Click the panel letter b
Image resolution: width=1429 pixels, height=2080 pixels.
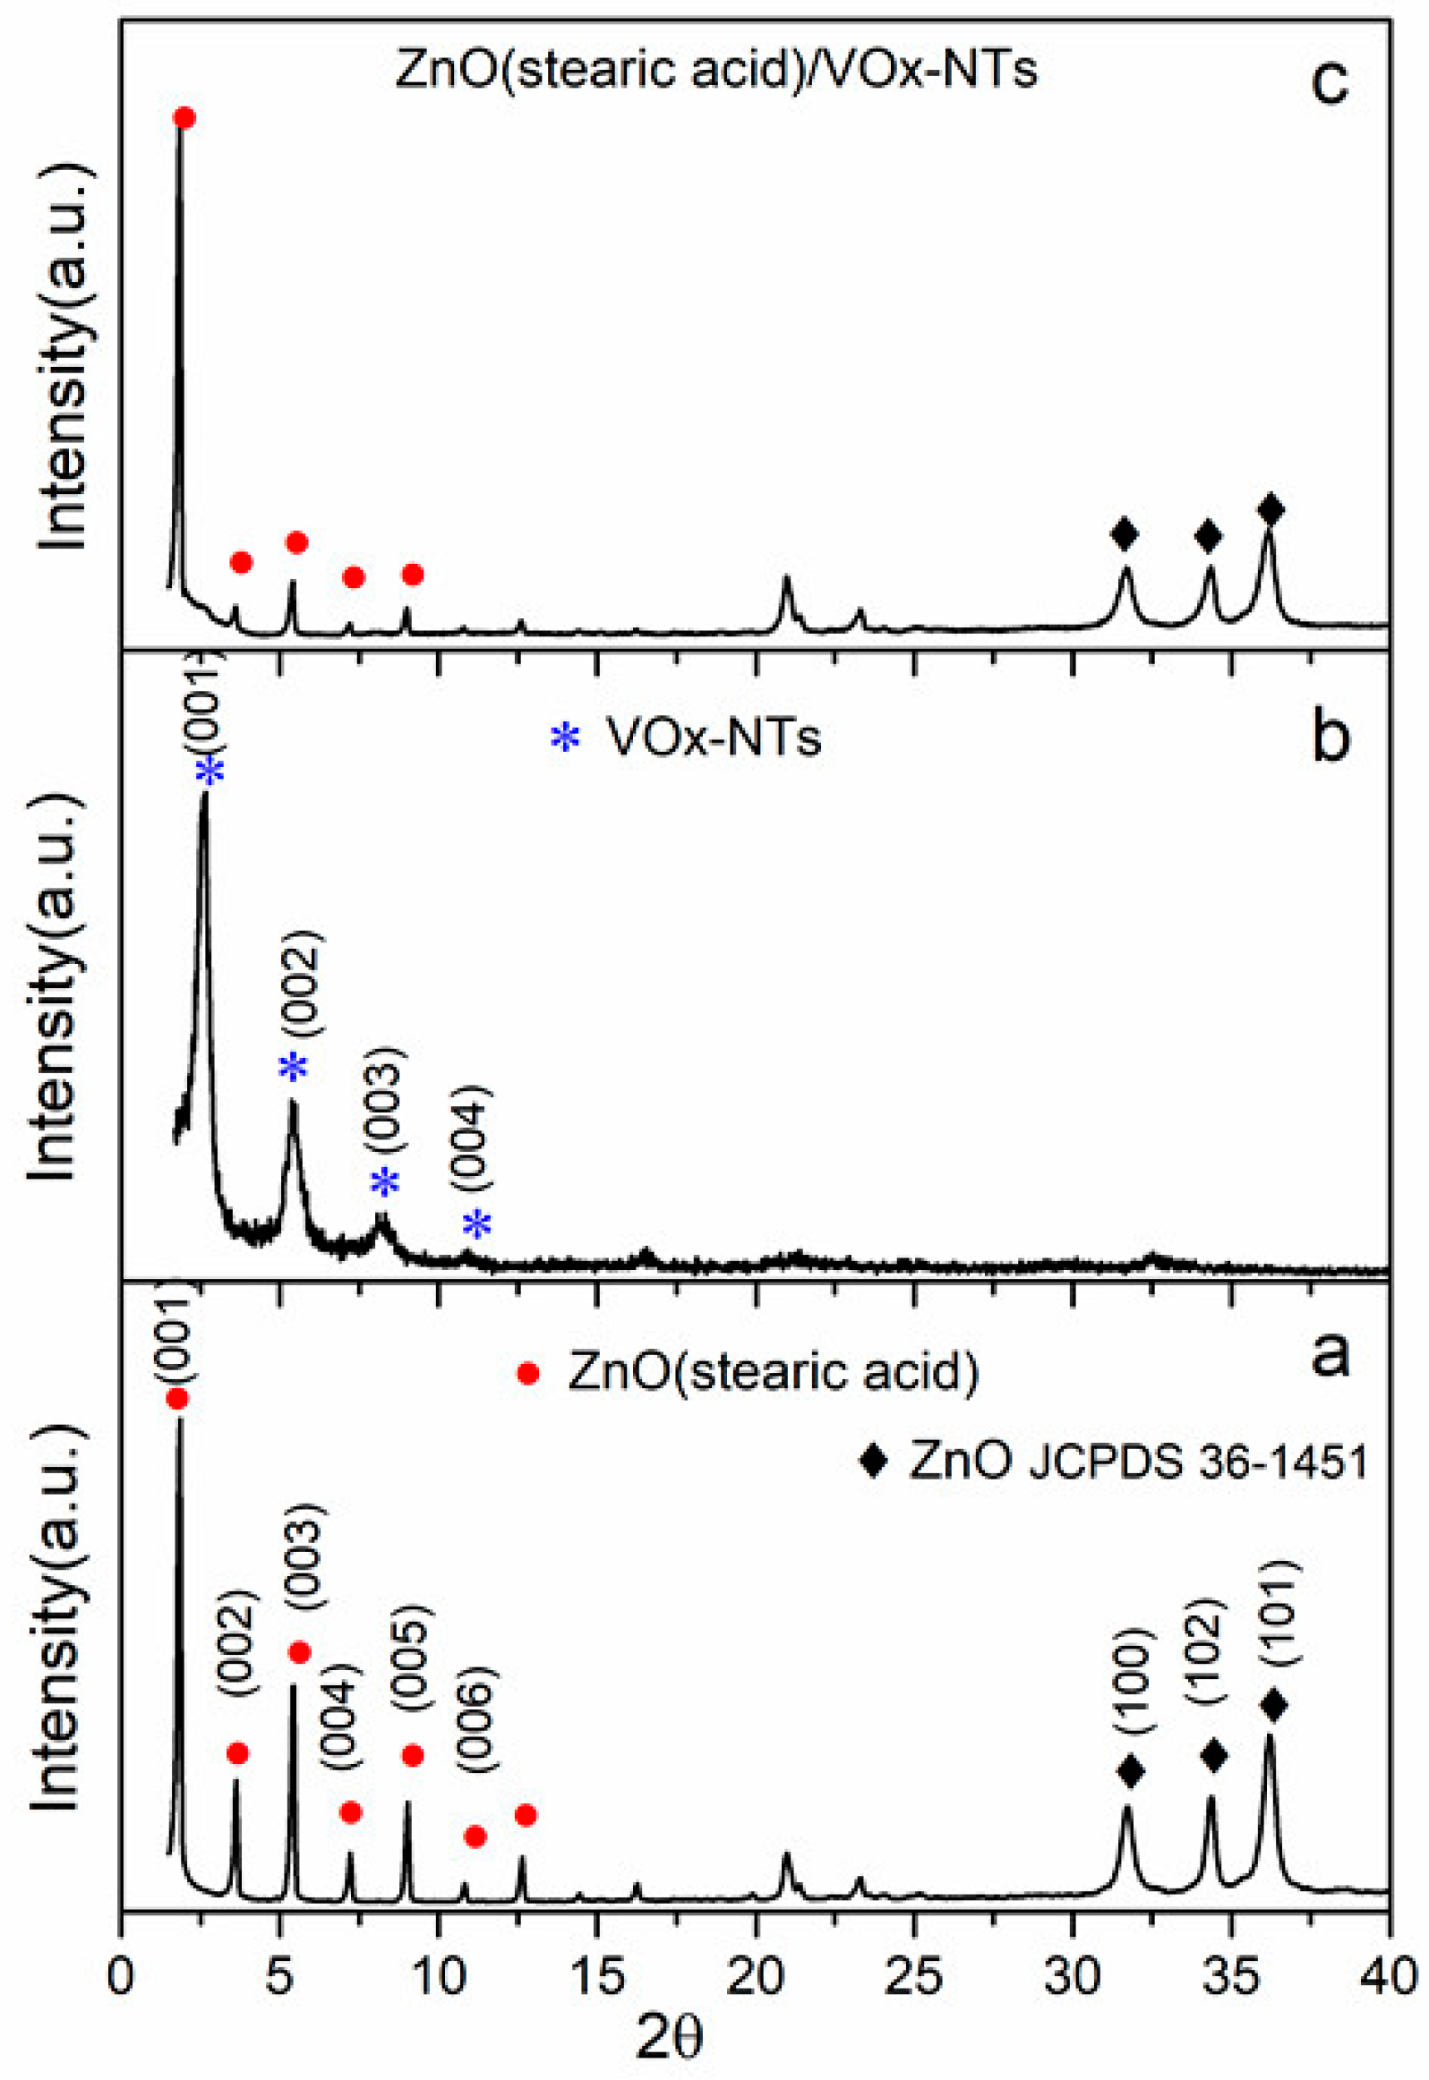click(x=1331, y=737)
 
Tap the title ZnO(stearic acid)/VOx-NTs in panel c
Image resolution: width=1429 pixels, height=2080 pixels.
click(x=716, y=69)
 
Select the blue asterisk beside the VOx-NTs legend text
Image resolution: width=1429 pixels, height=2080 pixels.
click(x=565, y=738)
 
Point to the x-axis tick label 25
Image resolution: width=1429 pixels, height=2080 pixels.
click(x=913, y=1976)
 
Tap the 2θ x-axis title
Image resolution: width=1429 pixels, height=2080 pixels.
click(x=670, y=2039)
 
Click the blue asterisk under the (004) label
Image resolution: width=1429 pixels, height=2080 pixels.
click(x=477, y=1223)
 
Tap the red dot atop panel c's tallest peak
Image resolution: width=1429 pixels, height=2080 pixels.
click(x=184, y=118)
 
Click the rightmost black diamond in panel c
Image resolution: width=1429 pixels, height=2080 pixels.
click(x=1271, y=510)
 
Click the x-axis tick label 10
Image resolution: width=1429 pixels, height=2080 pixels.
click(x=439, y=1976)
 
